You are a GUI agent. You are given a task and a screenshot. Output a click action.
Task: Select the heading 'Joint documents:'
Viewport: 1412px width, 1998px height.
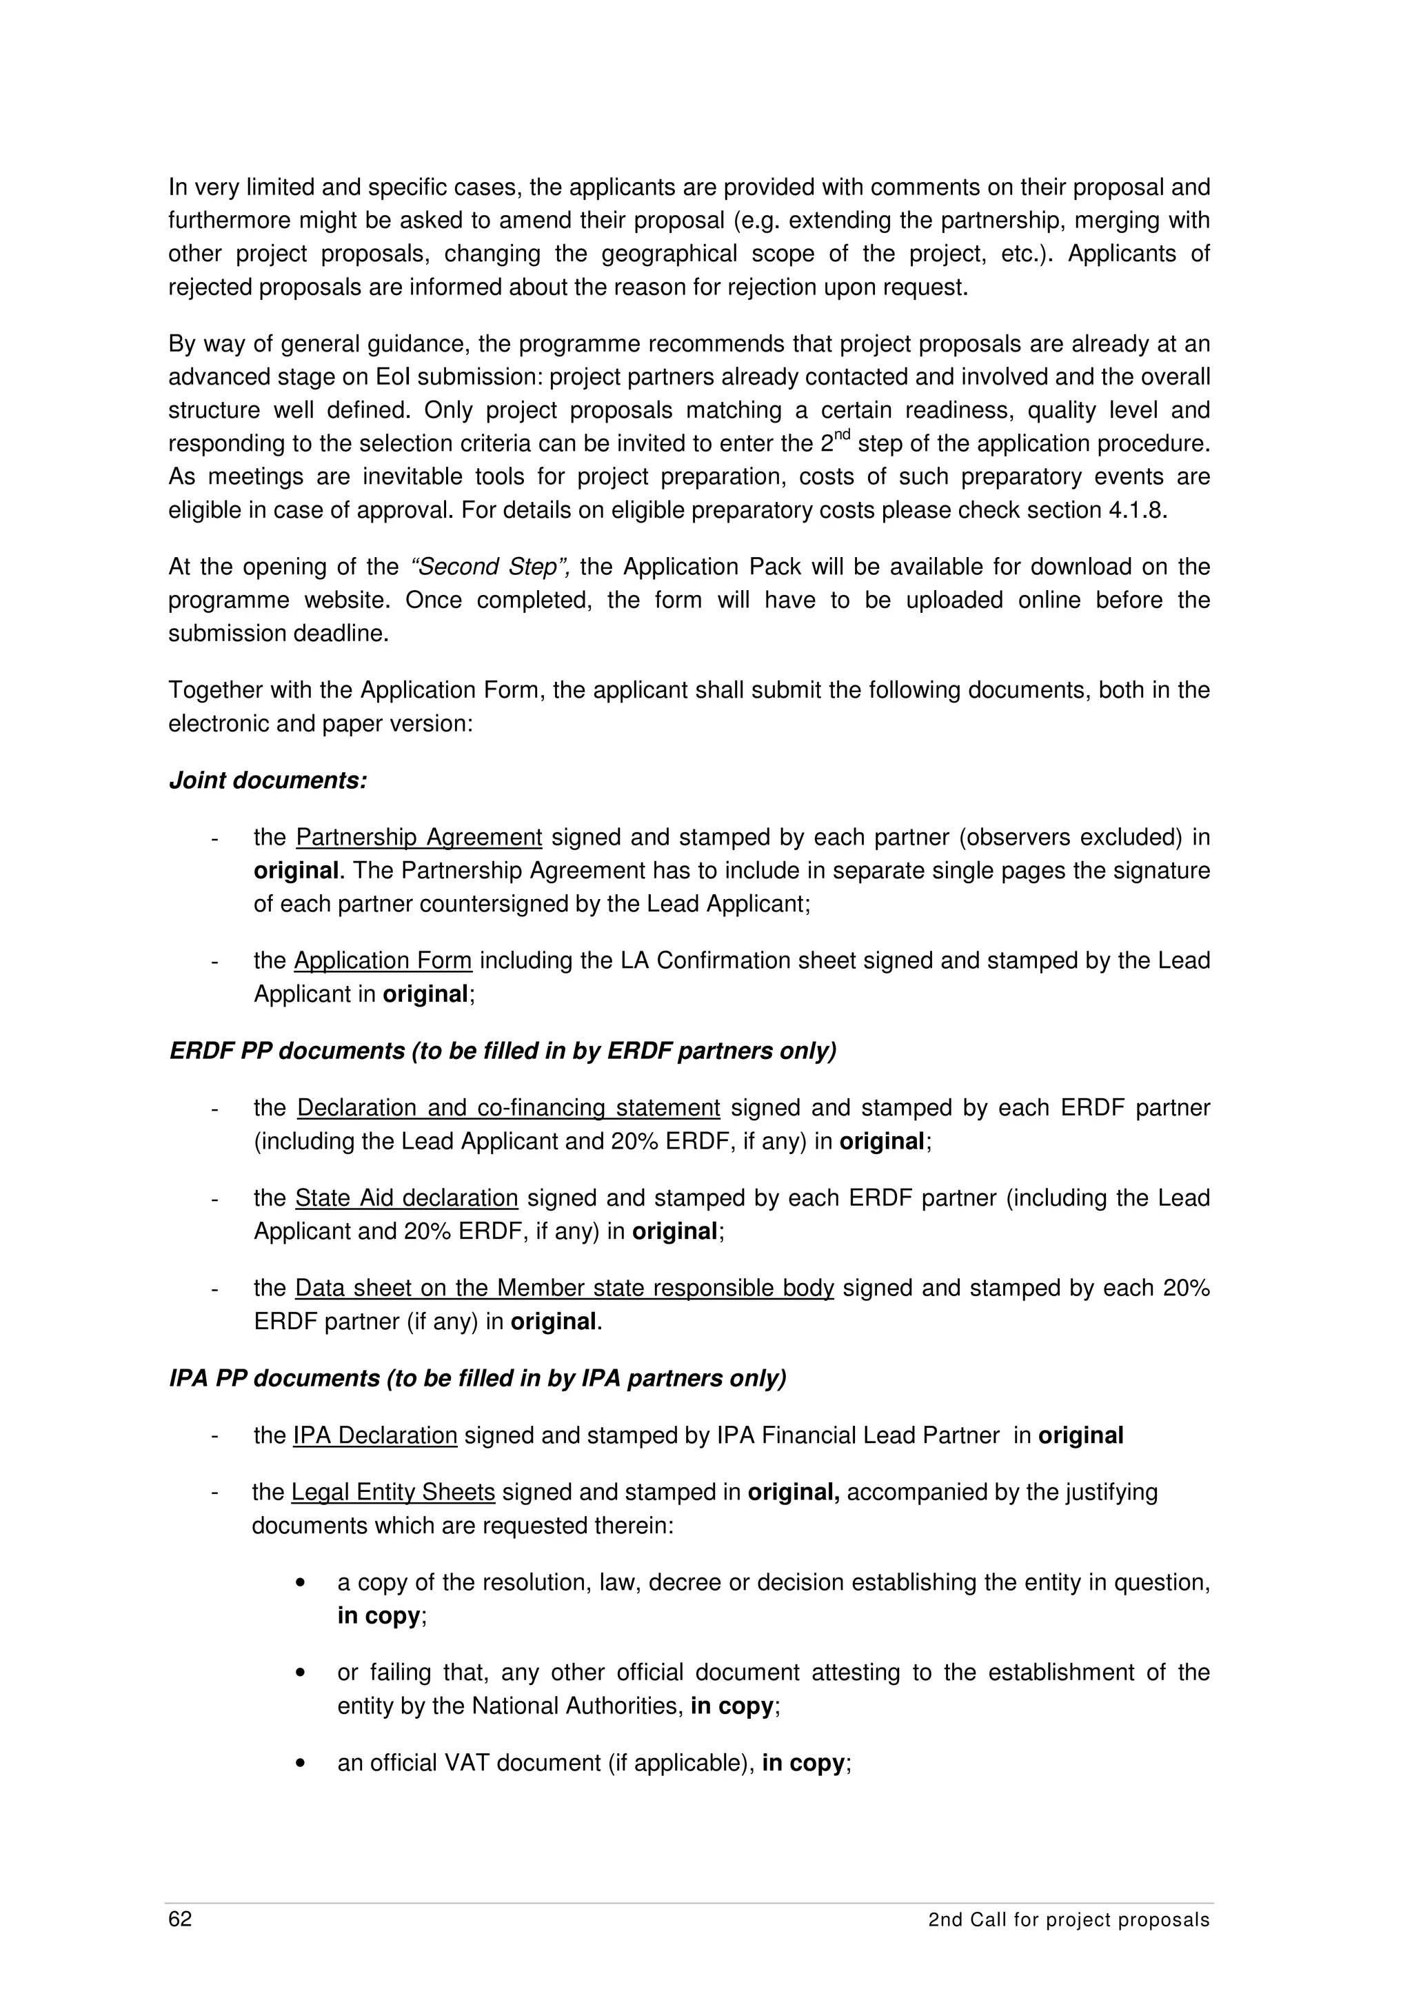(x=268, y=780)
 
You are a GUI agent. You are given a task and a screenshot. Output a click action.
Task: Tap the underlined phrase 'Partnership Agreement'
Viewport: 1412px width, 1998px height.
(x=418, y=838)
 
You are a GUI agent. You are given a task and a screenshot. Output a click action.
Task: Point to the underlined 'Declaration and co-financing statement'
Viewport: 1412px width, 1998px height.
(x=508, y=1108)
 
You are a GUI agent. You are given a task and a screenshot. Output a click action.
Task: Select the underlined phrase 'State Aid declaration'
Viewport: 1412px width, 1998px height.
(x=406, y=1198)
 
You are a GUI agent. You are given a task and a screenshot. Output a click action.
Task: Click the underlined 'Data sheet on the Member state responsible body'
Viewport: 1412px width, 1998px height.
(x=564, y=1288)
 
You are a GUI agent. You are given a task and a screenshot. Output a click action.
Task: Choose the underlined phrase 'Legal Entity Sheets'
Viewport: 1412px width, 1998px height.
(x=392, y=1493)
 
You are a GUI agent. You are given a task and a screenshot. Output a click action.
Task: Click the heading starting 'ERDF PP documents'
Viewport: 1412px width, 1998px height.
(x=502, y=1051)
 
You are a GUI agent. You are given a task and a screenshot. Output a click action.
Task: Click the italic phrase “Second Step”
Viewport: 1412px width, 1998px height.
(x=489, y=567)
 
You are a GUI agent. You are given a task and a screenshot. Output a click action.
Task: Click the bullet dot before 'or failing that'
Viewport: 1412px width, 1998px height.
(x=301, y=1673)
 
